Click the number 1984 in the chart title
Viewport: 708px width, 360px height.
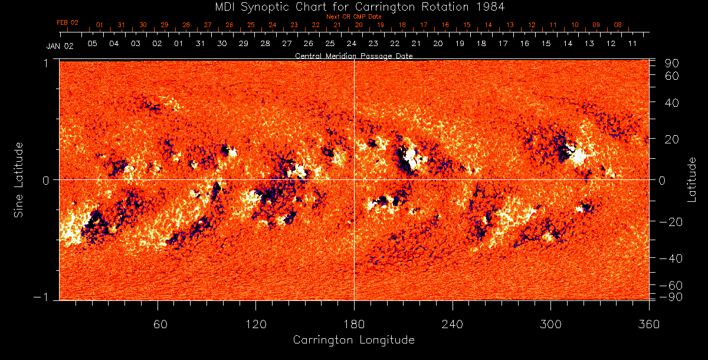click(x=494, y=6)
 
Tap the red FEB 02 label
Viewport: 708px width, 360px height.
click(x=67, y=22)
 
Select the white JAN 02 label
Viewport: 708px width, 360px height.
click(x=60, y=46)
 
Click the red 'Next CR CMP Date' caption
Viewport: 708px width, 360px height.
click(x=354, y=17)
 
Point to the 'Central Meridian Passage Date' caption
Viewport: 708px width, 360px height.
click(x=354, y=56)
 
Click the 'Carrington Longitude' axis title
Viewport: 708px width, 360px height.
click(x=354, y=340)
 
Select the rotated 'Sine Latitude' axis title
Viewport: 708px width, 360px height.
click(x=19, y=179)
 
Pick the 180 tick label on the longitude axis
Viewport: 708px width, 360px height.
click(x=354, y=324)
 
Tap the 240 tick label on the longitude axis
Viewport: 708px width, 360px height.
click(x=453, y=324)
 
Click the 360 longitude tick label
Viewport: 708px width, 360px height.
click(x=649, y=324)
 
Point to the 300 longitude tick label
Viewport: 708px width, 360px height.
click(x=550, y=324)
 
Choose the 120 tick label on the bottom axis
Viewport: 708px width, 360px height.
click(x=256, y=324)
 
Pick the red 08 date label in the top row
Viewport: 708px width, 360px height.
click(x=618, y=25)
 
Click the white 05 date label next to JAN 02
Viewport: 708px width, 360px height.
click(x=93, y=44)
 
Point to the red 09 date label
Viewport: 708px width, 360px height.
click(x=596, y=25)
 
